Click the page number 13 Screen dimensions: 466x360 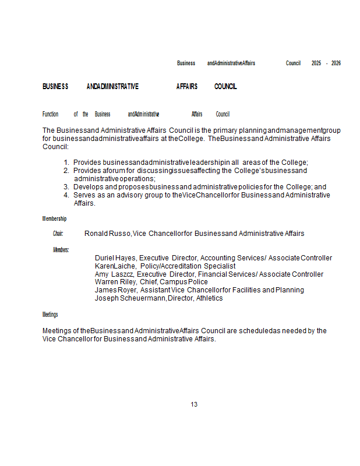[x=194, y=404]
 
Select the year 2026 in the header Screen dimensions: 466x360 [x=336, y=63]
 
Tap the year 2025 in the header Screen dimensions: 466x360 [x=316, y=63]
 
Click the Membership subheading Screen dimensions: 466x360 [x=54, y=218]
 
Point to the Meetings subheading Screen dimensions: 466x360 [x=50, y=315]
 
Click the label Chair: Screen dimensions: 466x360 [x=58, y=234]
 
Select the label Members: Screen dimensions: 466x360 [x=61, y=250]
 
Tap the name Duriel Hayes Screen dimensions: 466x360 [x=115, y=258]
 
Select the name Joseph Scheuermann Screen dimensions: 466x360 [x=130, y=298]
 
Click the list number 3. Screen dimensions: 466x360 [x=66, y=187]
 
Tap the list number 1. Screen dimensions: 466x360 [x=66, y=163]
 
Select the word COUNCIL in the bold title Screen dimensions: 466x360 [x=225, y=87]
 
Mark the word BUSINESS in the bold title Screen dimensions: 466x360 [x=55, y=87]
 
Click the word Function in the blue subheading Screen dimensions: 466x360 [x=51, y=114]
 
